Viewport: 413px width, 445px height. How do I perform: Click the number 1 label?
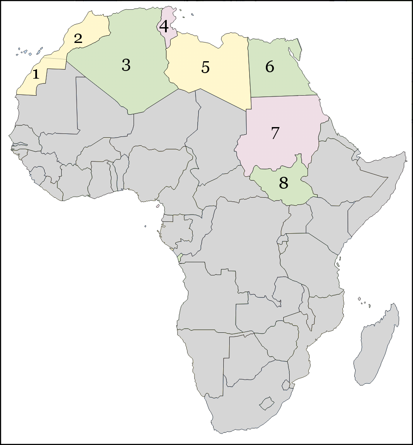[x=36, y=74]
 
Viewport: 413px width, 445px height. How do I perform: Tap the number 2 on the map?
[x=78, y=39]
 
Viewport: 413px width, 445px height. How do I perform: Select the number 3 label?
[x=126, y=65]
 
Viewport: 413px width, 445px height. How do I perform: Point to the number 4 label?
[x=164, y=26]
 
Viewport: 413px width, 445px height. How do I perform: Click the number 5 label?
[x=205, y=67]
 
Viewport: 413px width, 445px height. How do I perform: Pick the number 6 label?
[x=269, y=67]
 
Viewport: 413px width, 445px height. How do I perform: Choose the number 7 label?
[x=275, y=133]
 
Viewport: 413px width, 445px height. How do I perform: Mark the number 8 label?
[x=284, y=183]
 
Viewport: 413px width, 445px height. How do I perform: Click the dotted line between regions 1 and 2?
[x=53, y=58]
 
